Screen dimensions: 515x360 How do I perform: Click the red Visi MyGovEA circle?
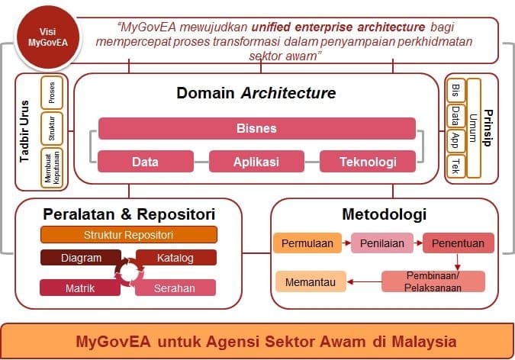pyautogui.click(x=48, y=37)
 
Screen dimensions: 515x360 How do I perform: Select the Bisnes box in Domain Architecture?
pyautogui.click(x=257, y=128)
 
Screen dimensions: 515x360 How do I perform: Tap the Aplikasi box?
pyautogui.click(x=256, y=162)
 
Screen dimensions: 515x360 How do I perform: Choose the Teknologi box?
pyautogui.click(x=368, y=162)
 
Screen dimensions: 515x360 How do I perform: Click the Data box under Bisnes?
pyautogui.click(x=146, y=162)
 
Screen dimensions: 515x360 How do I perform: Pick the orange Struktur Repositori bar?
pyautogui.click(x=129, y=235)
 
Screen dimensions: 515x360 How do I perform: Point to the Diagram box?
pyautogui.click(x=81, y=258)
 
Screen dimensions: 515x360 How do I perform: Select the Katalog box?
pyautogui.click(x=176, y=258)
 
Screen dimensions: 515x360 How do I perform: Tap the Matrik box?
pyautogui.click(x=80, y=288)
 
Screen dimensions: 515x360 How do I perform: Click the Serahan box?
pyautogui.click(x=175, y=288)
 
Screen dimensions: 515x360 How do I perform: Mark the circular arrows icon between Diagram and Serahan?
pyautogui.click(x=129, y=272)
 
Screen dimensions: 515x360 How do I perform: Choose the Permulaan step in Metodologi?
pyautogui.click(x=307, y=243)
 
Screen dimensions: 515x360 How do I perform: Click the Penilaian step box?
pyautogui.click(x=382, y=243)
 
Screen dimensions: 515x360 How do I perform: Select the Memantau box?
pyautogui.click(x=311, y=282)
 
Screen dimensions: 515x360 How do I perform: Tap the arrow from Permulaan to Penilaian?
pyautogui.click(x=346, y=243)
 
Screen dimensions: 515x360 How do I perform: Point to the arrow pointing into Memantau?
pyautogui.click(x=364, y=282)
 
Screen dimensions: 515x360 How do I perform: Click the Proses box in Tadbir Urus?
pyautogui.click(x=52, y=92)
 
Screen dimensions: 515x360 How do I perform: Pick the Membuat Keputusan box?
pyautogui.click(x=52, y=169)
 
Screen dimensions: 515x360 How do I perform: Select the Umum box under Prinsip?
pyautogui.click(x=474, y=128)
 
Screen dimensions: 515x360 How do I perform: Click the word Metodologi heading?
pyautogui.click(x=385, y=214)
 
